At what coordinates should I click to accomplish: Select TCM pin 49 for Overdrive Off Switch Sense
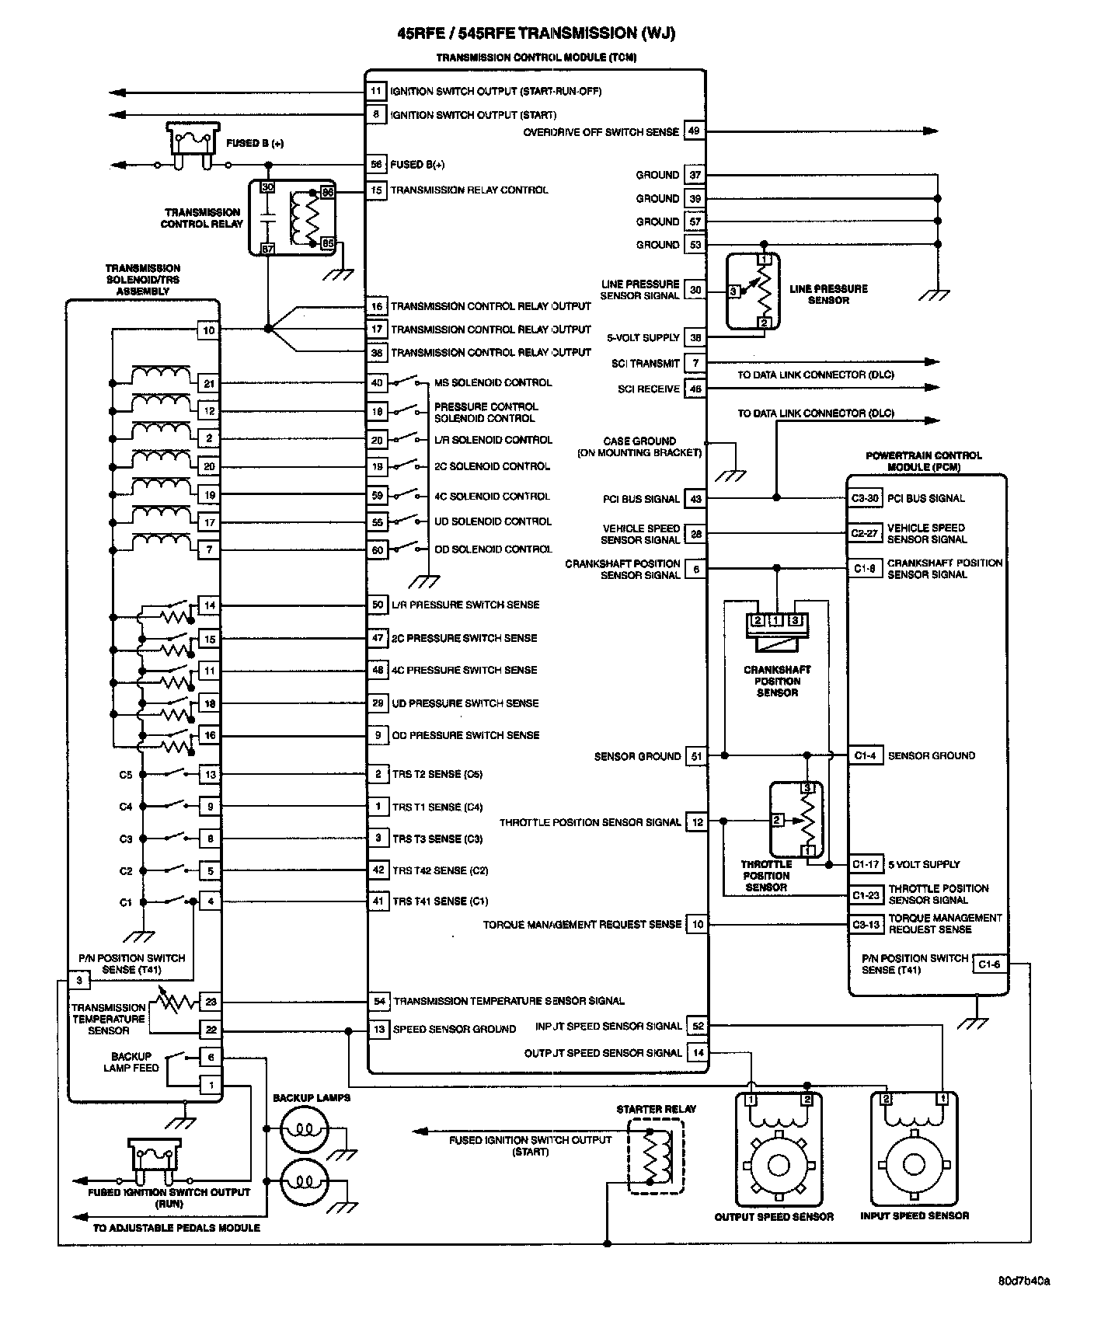coord(694,131)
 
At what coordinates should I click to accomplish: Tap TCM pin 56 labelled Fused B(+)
coord(377,165)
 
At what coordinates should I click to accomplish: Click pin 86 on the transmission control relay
coord(327,192)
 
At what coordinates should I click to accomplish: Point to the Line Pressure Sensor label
coord(828,295)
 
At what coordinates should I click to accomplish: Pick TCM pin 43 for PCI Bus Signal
coord(695,499)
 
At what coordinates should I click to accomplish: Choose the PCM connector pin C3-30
coord(865,499)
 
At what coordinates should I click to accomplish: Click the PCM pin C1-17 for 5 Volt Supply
coord(865,864)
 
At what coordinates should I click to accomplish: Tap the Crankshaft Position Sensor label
coord(777,681)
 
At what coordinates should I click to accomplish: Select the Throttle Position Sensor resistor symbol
coord(809,820)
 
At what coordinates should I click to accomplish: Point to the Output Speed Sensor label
coord(774,1216)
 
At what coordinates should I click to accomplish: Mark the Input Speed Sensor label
coord(915,1215)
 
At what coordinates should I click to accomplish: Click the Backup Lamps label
coord(312,1098)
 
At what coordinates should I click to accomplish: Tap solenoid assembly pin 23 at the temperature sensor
coord(210,1002)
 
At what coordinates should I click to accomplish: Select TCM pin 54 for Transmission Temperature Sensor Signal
coord(379,1002)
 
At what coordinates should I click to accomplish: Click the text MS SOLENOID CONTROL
coord(493,382)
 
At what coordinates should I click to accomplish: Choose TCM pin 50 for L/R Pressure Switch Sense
coord(378,605)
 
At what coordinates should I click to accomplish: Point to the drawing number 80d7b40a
coord(1024,1281)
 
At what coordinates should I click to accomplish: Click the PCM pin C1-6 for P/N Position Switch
coord(988,964)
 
